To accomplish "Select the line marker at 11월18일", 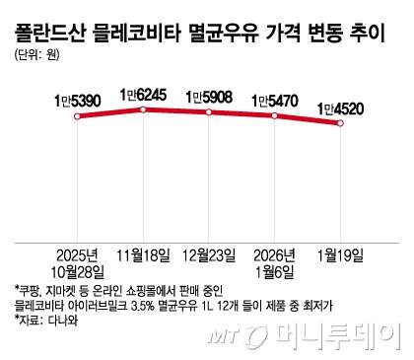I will point(144,108).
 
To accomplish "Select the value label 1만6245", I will point(144,94).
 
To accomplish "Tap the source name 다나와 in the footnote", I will point(60,322).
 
